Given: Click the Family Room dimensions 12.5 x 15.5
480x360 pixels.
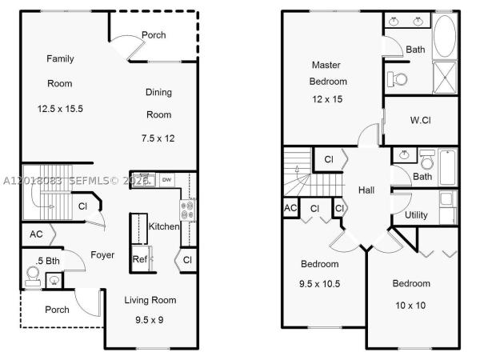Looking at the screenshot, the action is (60, 109).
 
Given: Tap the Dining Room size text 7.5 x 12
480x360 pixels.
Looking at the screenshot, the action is (158, 138).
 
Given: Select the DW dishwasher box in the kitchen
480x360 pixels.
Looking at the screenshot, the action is (167, 180).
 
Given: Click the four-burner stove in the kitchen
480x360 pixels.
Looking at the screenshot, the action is (187, 210).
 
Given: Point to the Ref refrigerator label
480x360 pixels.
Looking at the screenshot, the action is (140, 259).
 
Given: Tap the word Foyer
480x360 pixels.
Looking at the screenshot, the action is (102, 255).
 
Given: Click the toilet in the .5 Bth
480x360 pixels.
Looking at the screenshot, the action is (33, 276).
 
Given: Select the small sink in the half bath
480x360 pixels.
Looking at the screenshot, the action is (54, 280).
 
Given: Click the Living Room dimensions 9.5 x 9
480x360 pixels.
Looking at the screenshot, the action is (150, 320).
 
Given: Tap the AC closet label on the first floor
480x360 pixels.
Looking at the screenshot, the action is (36, 234).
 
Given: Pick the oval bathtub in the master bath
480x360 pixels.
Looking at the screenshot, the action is (445, 36).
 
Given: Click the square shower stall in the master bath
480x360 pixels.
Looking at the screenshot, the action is (445, 78).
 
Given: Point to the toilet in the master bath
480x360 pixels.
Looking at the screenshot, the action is (397, 79).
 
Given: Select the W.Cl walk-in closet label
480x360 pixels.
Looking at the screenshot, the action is (421, 120).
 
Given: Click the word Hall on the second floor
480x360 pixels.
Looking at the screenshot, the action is (366, 190).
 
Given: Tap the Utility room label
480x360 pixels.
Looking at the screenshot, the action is (416, 215).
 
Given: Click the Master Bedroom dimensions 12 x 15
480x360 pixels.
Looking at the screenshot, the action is (327, 99).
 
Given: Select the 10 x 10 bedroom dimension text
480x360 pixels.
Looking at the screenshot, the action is (410, 306).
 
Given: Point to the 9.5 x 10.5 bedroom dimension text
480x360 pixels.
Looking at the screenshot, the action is (319, 284).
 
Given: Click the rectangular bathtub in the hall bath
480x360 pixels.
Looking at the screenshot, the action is (448, 167).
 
